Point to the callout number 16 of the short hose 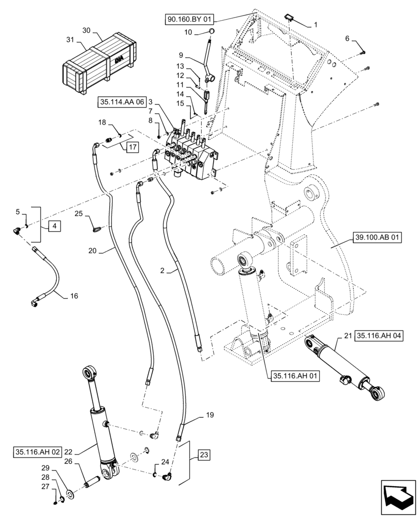point(74,296)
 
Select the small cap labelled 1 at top point(290,19)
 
